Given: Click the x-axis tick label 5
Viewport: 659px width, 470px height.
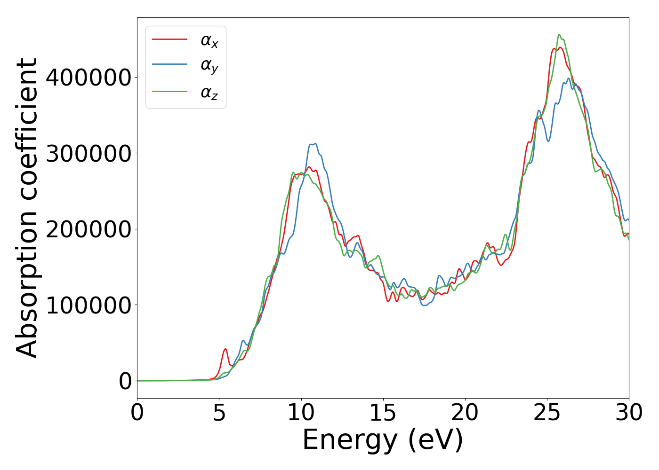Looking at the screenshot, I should (219, 413).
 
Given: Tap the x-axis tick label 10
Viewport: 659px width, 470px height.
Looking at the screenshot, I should (301, 413).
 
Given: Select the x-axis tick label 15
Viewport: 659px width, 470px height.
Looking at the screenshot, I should (383, 413).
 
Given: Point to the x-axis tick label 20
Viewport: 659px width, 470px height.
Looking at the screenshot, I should (465, 413).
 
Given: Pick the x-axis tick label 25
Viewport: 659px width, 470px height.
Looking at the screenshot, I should (547, 413).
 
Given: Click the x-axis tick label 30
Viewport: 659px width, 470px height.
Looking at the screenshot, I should (629, 413).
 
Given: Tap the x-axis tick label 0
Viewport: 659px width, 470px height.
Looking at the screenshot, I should (137, 413).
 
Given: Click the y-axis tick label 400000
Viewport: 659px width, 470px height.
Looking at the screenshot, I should (88, 78).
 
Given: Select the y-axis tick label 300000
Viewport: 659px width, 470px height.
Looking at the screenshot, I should (88, 154).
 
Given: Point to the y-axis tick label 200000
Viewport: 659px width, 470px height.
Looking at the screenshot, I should (88, 229).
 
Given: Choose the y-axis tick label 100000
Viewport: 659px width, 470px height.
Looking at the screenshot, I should (88, 305).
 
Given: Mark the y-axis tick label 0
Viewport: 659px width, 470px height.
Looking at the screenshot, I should (125, 381).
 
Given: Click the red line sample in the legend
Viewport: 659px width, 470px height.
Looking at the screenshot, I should (169, 39).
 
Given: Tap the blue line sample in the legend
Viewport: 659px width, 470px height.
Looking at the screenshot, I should (169, 65).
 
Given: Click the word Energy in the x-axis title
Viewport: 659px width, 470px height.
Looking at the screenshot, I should (349, 440).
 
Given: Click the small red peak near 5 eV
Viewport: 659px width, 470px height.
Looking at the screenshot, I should (225, 349).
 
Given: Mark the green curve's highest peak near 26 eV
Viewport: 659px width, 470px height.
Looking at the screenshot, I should (559, 35).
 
